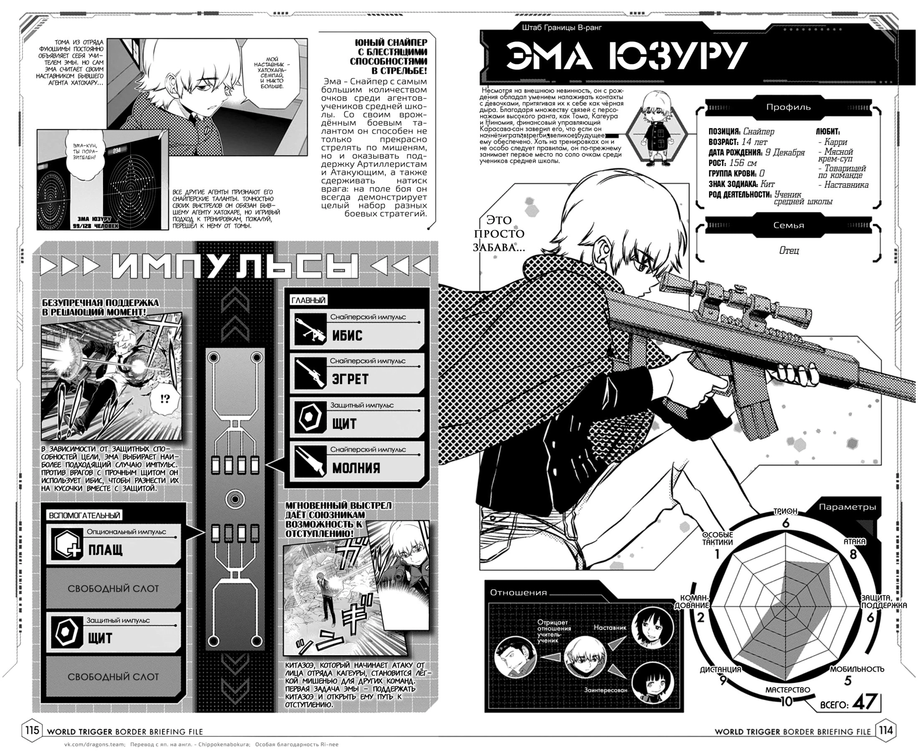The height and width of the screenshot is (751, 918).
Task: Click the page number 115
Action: [32, 731]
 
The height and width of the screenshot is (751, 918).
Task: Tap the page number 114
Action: [885, 731]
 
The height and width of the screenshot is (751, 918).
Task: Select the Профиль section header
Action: [788, 107]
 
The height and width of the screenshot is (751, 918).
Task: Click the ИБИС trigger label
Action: [347, 336]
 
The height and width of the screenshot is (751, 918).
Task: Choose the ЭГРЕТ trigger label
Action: [350, 379]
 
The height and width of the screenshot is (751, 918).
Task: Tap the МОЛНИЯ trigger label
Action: [356, 468]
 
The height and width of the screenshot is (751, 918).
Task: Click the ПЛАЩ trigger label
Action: [105, 550]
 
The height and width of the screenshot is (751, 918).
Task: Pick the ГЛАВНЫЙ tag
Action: [308, 300]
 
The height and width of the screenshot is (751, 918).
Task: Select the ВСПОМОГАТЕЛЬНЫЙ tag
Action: [84, 515]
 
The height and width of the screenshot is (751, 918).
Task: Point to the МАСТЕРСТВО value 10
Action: [786, 701]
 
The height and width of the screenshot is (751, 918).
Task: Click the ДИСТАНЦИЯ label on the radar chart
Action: [720, 670]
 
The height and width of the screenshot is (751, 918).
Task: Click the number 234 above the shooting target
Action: [116, 151]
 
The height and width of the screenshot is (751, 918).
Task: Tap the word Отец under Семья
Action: [789, 251]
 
